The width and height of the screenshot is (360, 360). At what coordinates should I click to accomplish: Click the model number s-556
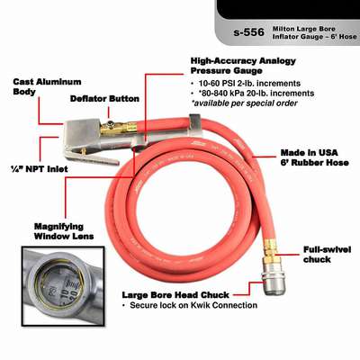[249, 32]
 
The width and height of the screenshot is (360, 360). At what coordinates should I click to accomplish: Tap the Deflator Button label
[104, 99]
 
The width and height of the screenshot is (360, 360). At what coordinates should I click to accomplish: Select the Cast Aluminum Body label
[47, 86]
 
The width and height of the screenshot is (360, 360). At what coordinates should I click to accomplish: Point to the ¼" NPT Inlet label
[39, 169]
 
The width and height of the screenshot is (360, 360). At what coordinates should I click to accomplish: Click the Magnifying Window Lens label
[64, 231]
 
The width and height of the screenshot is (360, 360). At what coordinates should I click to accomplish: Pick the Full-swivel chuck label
[327, 255]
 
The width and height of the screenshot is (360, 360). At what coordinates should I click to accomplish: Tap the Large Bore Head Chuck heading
[175, 295]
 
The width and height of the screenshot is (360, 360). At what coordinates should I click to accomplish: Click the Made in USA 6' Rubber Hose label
[315, 157]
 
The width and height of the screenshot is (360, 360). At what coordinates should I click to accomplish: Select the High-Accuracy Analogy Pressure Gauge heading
[243, 66]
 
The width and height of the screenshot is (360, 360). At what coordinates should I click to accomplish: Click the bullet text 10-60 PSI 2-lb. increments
[249, 83]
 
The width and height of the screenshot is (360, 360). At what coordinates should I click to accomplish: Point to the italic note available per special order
[245, 103]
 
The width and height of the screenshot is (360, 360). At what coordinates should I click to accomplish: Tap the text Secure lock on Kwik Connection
[193, 305]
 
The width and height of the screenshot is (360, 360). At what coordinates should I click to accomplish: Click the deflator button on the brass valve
[111, 123]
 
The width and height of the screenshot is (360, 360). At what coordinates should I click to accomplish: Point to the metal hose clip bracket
[195, 124]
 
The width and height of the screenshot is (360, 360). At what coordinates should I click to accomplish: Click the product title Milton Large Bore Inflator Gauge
[314, 32]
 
